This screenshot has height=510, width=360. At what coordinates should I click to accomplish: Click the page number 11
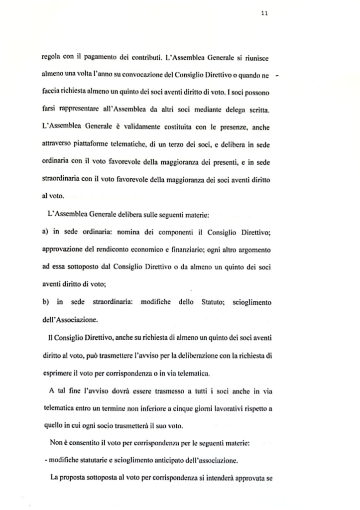[x=265, y=13]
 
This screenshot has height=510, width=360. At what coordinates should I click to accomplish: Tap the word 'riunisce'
[x=255, y=58]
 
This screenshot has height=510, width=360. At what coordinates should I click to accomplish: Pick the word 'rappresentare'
[x=81, y=108]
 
